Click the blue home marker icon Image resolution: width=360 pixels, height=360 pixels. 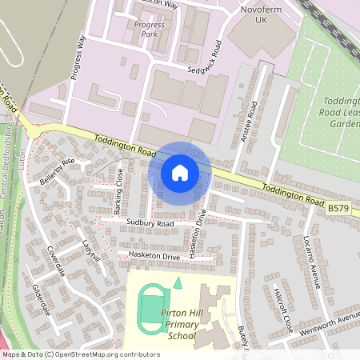pyautogui.click(x=179, y=172)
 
